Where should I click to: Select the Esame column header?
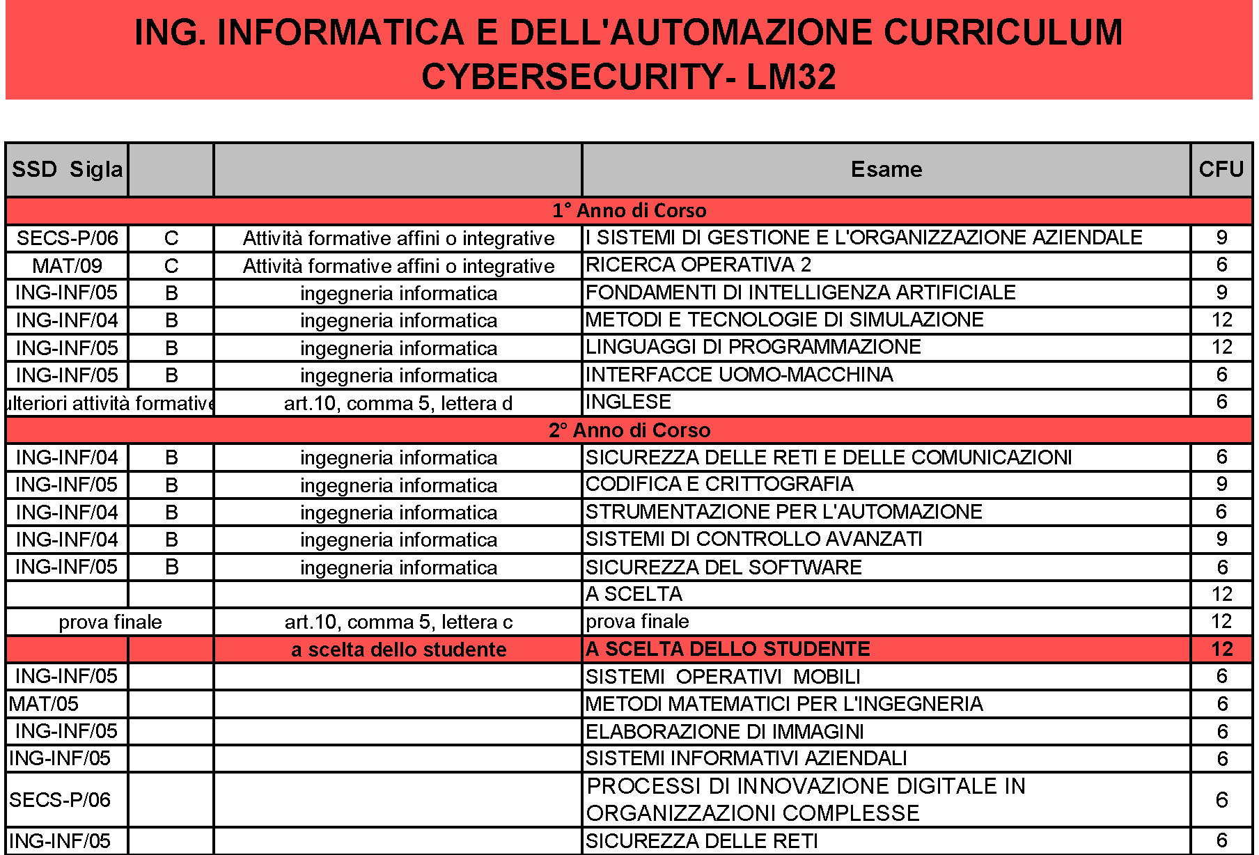pos(886,169)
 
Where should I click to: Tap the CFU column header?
pos(1221,169)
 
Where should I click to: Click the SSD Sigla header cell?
pos(67,169)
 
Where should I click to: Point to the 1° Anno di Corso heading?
pos(629,210)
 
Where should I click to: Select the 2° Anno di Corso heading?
pos(629,430)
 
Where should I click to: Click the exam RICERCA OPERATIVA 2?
pos(698,265)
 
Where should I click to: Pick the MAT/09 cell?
pos(67,265)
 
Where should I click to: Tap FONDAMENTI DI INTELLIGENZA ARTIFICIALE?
pos(800,292)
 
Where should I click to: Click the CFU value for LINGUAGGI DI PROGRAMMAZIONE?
pos(1221,347)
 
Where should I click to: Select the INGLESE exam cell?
pos(628,402)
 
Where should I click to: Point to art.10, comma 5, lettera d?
pos(398,403)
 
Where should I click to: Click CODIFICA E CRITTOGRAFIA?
pos(719,484)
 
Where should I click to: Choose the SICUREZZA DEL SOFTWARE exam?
pos(724,567)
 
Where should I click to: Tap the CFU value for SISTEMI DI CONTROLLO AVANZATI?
pos(1221,539)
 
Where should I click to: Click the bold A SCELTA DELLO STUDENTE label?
pos(728,649)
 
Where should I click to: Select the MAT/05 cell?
pos(44,704)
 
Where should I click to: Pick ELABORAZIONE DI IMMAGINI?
pos(724,731)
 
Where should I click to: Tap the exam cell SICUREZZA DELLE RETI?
pos(701,841)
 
